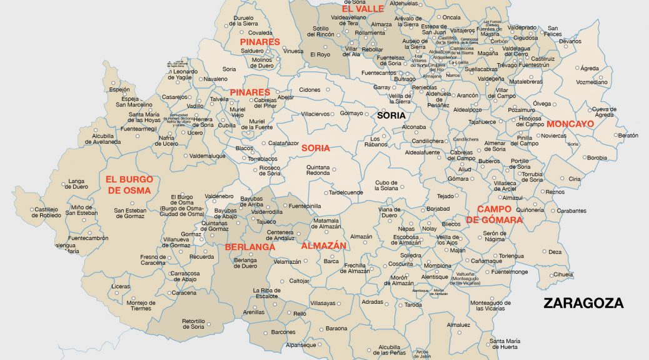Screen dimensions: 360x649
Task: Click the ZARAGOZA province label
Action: coord(583,303)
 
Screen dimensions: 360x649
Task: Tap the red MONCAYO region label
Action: coord(570,124)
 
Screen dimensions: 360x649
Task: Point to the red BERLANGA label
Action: coord(250,247)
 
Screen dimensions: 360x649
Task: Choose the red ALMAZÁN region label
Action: coord(323,246)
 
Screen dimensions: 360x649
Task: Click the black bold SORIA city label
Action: coord(391,116)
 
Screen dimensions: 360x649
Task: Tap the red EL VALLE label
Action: coord(363,9)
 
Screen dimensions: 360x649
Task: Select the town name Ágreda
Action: coord(589,68)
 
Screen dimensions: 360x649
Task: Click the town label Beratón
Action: coord(627,135)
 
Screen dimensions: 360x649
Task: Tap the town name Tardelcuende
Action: coord(346,192)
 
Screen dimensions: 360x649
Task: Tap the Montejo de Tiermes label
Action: coord(141,306)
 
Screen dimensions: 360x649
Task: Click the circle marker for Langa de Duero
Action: coord(64,184)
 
